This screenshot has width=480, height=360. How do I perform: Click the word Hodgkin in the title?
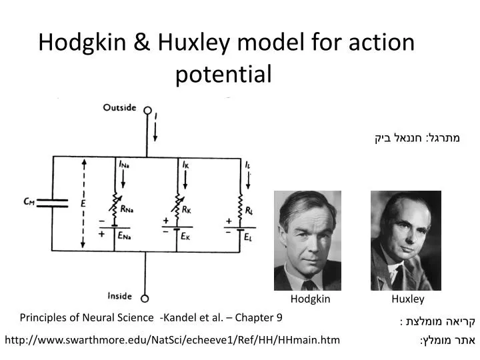point(78,43)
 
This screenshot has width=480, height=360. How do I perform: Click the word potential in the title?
point(224,74)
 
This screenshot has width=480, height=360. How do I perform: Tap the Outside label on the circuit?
point(120,108)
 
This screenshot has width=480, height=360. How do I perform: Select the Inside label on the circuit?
point(120,296)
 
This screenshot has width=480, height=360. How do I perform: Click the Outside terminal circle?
point(148,111)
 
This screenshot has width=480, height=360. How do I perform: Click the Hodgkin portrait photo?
point(307,240)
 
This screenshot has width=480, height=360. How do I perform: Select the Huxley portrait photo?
point(405,240)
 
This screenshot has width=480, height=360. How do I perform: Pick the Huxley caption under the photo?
point(407,299)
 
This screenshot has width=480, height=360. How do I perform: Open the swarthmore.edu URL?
point(172,340)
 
